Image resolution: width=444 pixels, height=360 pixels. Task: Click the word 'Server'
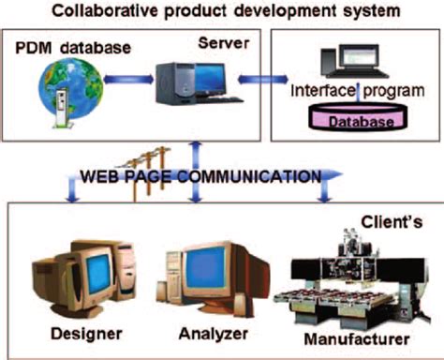223,43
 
